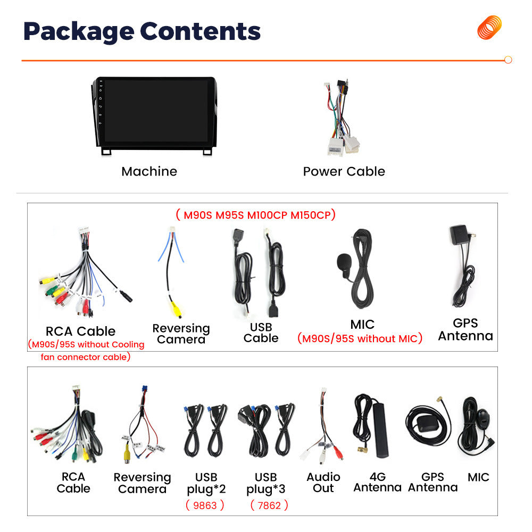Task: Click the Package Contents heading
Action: click(142, 31)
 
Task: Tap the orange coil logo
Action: click(489, 28)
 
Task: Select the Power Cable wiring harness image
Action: click(342, 118)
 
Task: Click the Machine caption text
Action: click(149, 171)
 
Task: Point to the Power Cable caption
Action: click(344, 171)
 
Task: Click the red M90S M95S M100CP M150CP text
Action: click(256, 215)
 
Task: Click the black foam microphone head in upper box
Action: click(343, 261)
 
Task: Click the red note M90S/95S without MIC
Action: click(360, 338)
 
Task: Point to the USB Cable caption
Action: click(261, 332)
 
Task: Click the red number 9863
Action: click(205, 505)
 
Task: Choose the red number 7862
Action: click(269, 505)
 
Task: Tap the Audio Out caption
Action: click(323, 483)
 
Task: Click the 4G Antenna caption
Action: click(378, 482)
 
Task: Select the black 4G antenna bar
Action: click(381, 430)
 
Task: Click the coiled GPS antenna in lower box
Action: click(428, 423)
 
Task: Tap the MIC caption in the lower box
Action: click(478, 477)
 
